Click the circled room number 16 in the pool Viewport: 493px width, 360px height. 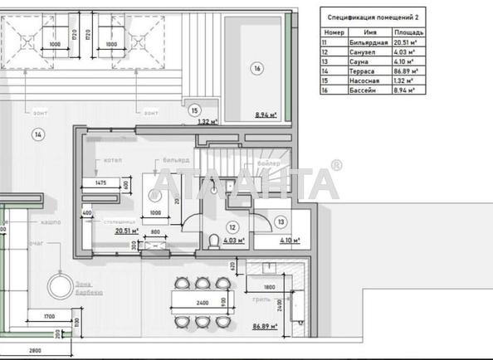coord(257,70)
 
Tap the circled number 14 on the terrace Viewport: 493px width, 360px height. coord(37,133)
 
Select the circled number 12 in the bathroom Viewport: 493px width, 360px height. coord(233,227)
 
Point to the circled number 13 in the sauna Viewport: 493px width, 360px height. coord(281,221)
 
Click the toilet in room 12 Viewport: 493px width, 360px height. coord(216,241)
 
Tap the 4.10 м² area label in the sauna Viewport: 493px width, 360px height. coord(287,241)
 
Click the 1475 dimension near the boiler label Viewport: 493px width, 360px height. coord(100,182)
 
